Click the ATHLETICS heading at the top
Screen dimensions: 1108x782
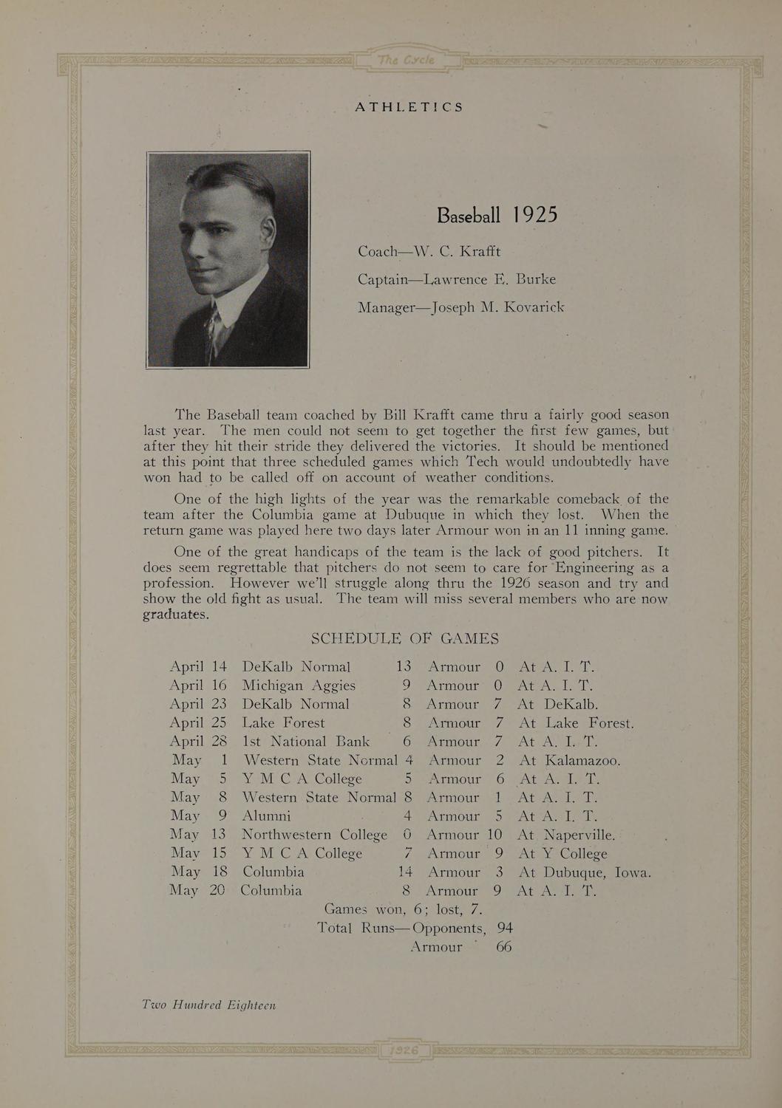pos(409,106)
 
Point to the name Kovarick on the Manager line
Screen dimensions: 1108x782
pos(534,307)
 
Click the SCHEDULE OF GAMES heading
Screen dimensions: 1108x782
pos(404,638)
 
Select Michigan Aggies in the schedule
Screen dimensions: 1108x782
pos(299,685)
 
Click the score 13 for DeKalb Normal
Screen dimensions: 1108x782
pos(403,666)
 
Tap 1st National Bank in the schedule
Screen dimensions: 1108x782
pos(306,742)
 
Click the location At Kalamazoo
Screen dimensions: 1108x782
pos(569,760)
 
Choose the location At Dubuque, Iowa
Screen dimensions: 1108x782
pos(584,872)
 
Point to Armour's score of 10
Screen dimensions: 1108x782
pos(494,835)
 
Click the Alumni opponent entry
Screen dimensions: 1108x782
pos(266,816)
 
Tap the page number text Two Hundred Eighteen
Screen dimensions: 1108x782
pos(209,1005)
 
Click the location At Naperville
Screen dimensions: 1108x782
pos(565,835)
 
